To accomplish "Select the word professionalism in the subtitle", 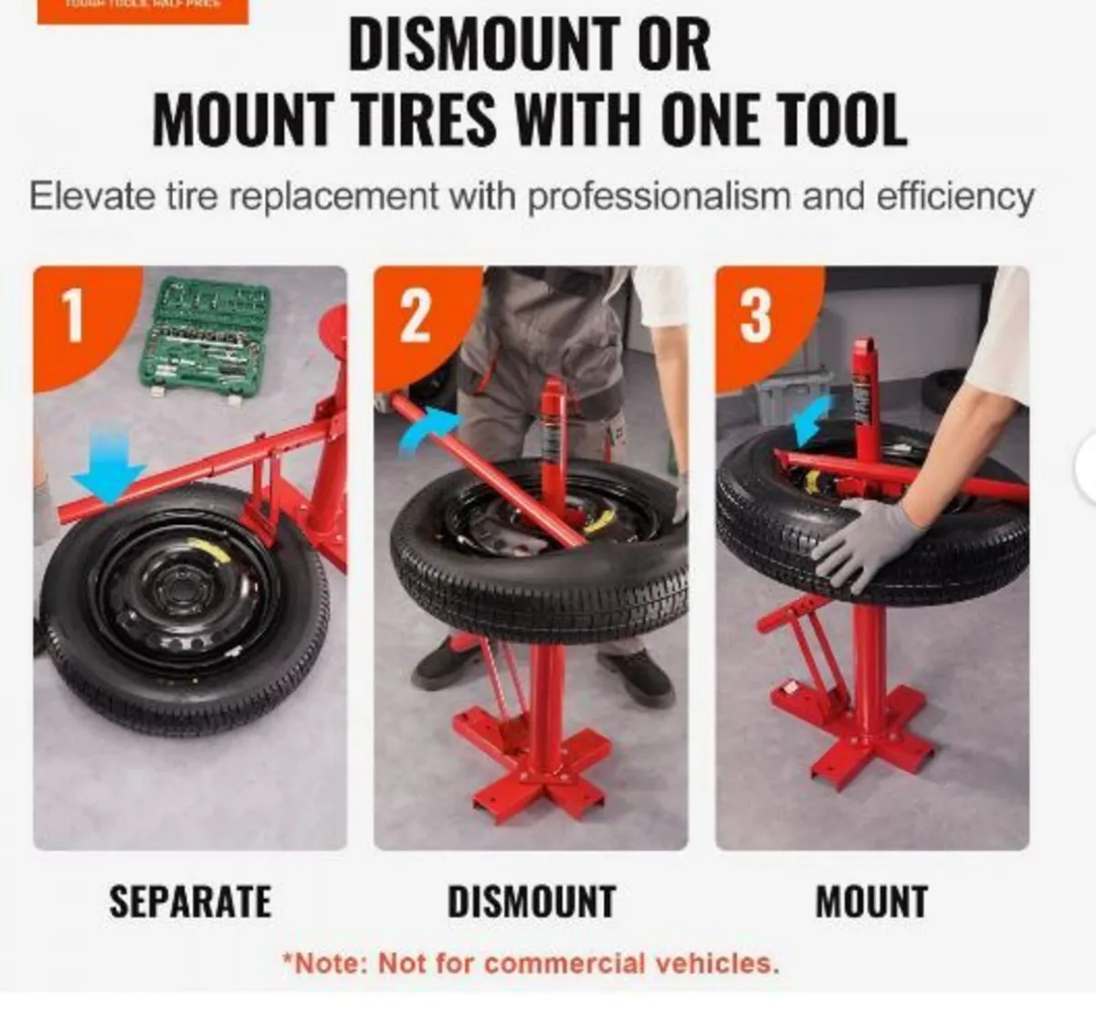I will [661, 196].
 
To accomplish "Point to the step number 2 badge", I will [416, 315].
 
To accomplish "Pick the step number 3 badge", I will [755, 315].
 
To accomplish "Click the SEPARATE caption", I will [190, 901].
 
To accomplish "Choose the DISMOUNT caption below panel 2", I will [531, 901].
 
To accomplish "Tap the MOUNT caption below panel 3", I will [871, 901].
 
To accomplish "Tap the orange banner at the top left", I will [142, 9].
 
